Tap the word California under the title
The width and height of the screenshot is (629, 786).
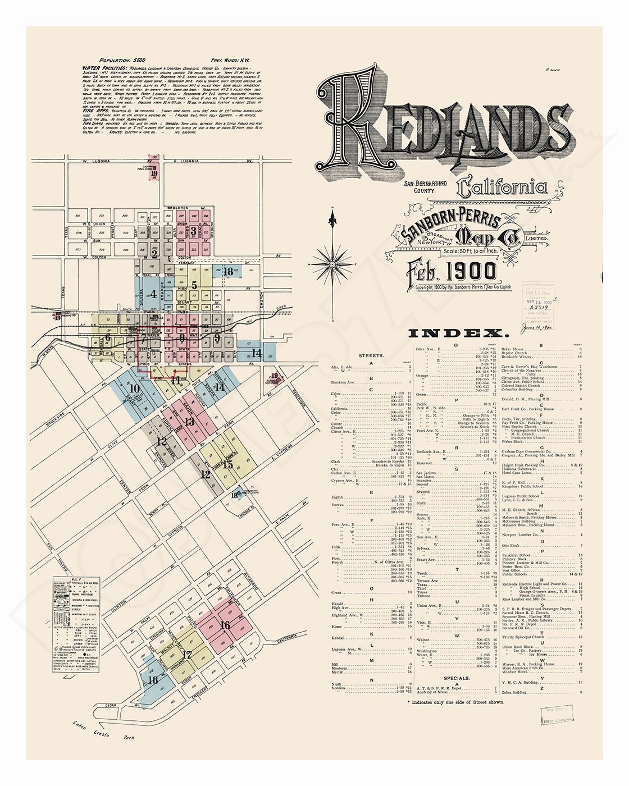(502, 188)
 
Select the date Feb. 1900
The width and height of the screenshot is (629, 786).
(452, 271)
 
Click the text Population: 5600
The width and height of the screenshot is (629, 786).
(122, 60)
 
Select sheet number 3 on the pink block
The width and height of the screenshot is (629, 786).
(193, 230)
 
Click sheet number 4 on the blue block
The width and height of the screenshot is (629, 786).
(153, 293)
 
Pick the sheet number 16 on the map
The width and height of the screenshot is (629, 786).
(225, 625)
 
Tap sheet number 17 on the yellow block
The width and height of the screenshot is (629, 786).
(187, 654)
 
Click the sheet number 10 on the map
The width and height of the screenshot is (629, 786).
(135, 388)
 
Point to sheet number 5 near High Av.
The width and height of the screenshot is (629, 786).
(194, 285)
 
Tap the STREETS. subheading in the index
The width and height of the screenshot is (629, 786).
(371, 355)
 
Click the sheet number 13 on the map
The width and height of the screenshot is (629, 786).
(189, 421)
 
